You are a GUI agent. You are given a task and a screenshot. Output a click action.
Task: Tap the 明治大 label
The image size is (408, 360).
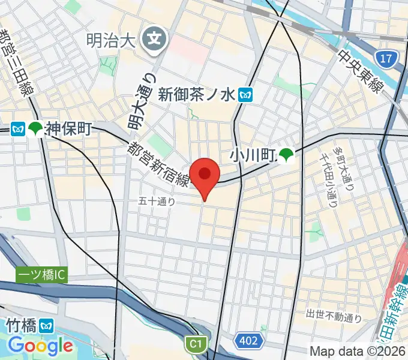click(112, 41)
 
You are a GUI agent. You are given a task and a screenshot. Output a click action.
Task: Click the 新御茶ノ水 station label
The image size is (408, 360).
click(197, 94)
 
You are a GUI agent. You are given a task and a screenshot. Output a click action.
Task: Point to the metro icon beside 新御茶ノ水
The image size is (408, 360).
click(245, 94)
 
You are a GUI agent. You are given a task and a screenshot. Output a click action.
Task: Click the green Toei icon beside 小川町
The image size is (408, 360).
click(285, 157)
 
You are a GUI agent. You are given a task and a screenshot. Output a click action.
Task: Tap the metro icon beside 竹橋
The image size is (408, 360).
click(47, 326)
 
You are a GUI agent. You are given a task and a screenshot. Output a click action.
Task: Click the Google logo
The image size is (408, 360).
click(40, 346)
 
